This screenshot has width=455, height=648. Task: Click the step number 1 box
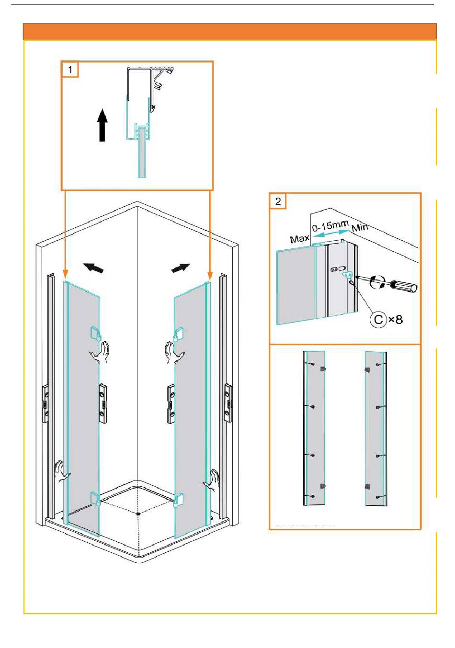pos(70,70)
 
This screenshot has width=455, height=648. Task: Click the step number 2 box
pos(278,201)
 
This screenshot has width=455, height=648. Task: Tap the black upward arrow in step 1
pos(102,125)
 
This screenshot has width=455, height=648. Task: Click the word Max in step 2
pos(299,239)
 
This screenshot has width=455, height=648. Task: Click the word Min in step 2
pos(360,227)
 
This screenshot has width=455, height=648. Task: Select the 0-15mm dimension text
pos(330,226)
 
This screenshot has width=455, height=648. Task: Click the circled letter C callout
pos(378,319)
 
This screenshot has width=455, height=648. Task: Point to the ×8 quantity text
pos(395,319)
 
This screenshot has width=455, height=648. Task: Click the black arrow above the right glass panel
pos(181,268)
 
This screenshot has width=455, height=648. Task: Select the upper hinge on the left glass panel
pos(95,333)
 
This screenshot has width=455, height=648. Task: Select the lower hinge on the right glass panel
pos(178,500)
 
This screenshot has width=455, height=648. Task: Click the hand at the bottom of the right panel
pos(211,480)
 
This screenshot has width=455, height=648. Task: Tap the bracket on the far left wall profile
pos(45,404)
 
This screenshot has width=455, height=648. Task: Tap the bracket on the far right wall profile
pos(228,403)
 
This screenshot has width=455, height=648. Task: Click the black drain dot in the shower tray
pos(138,514)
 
